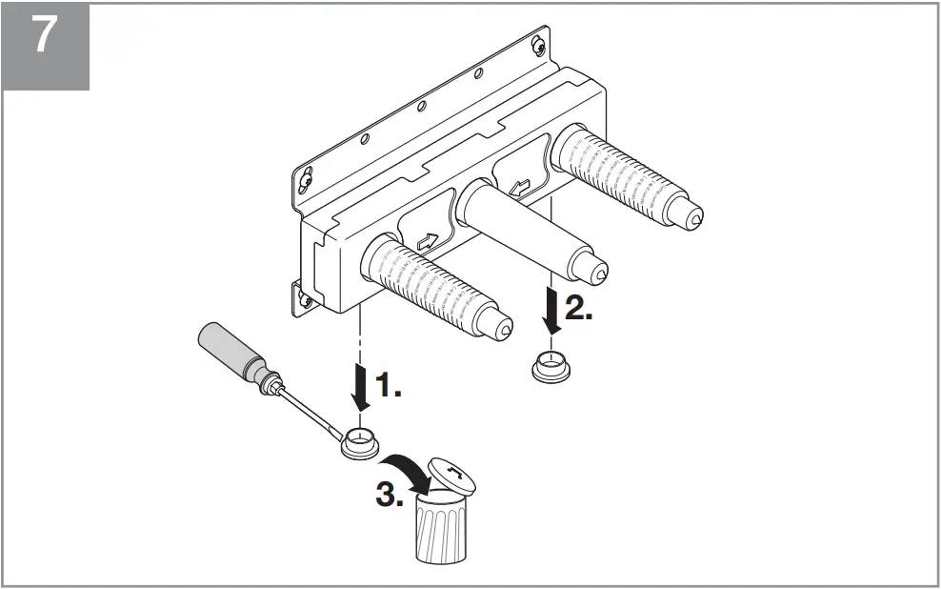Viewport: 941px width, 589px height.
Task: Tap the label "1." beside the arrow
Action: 387,386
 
